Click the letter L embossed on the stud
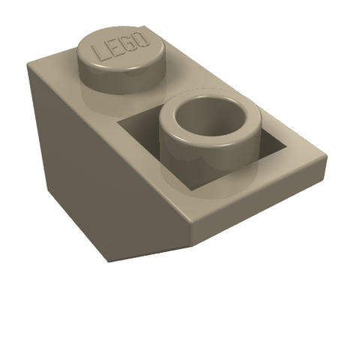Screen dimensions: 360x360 (99, 53)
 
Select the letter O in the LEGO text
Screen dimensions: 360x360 (141, 40)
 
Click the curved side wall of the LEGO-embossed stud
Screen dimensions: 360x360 (122, 77)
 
